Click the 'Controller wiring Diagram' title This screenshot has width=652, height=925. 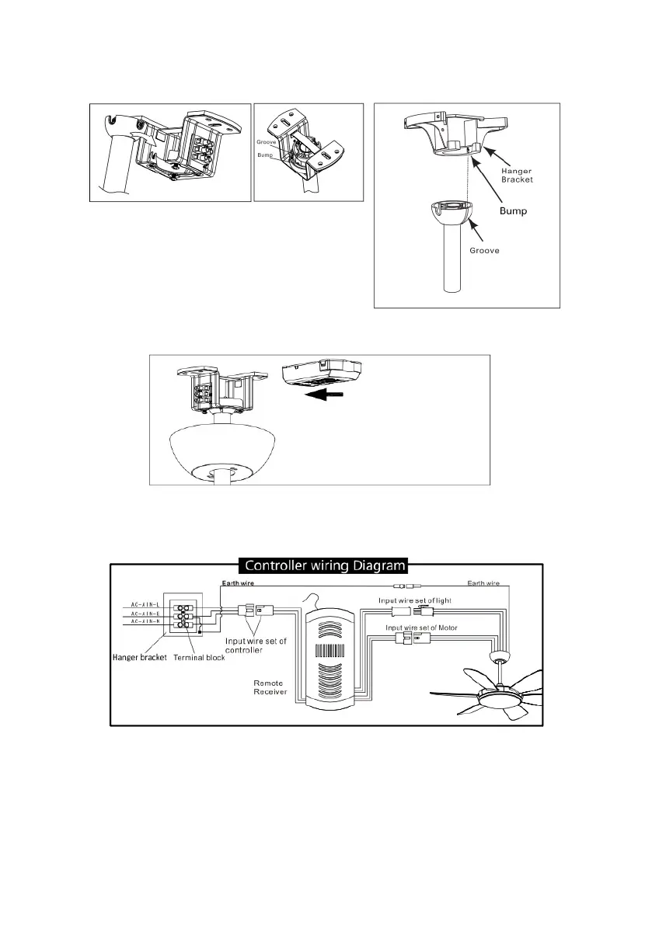(326, 565)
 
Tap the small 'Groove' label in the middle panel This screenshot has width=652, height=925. (268, 142)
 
